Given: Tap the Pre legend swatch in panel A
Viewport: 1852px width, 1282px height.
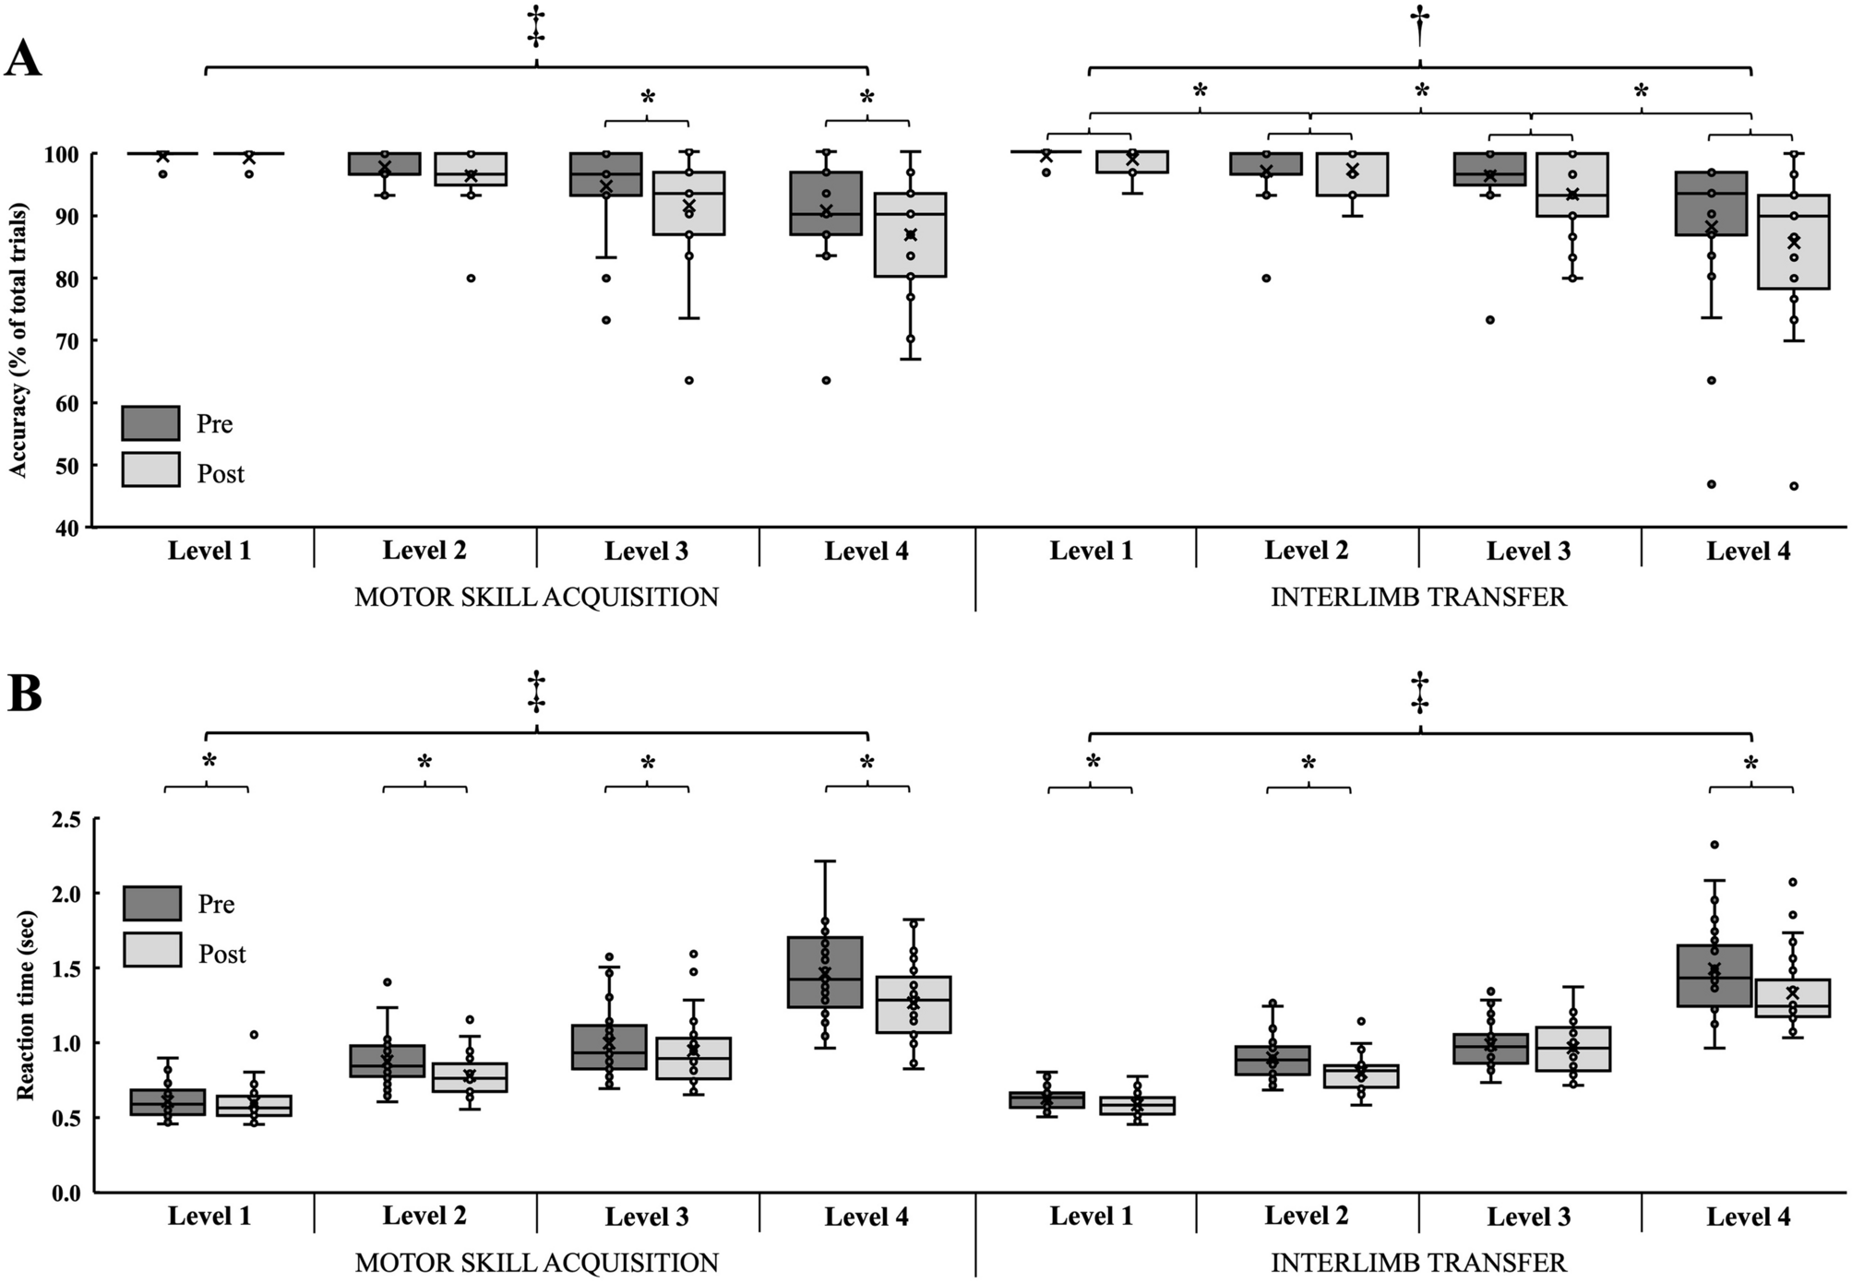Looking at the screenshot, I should pyautogui.click(x=150, y=423).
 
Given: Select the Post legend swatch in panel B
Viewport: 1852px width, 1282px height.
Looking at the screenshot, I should pyautogui.click(x=152, y=950).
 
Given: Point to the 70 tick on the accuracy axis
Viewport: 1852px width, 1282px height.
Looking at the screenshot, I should pyautogui.click(x=73, y=341).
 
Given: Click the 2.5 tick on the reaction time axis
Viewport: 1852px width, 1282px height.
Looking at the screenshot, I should pyautogui.click(x=68, y=820).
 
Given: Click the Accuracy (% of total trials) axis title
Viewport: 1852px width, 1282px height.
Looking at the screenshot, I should pyautogui.click(x=18, y=338).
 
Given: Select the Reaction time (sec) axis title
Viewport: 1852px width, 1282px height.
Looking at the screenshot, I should pyautogui.click(x=24, y=1008).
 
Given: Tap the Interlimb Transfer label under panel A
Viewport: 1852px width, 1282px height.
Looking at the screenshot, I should pyautogui.click(x=1418, y=598).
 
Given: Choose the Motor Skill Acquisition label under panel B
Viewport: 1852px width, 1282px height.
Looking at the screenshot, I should pyautogui.click(x=536, y=1263).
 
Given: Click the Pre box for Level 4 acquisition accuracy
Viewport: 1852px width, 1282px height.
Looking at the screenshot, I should pyautogui.click(x=826, y=203).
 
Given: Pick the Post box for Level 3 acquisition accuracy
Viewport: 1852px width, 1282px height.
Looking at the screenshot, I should pyautogui.click(x=689, y=203).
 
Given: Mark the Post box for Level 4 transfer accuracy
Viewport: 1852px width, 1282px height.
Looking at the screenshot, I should pyautogui.click(x=1793, y=242).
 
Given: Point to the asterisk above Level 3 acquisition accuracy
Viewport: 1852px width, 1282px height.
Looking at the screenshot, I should pyautogui.click(x=647, y=98).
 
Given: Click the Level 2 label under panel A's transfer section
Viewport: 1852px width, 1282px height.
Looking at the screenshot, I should pyautogui.click(x=1306, y=552).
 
